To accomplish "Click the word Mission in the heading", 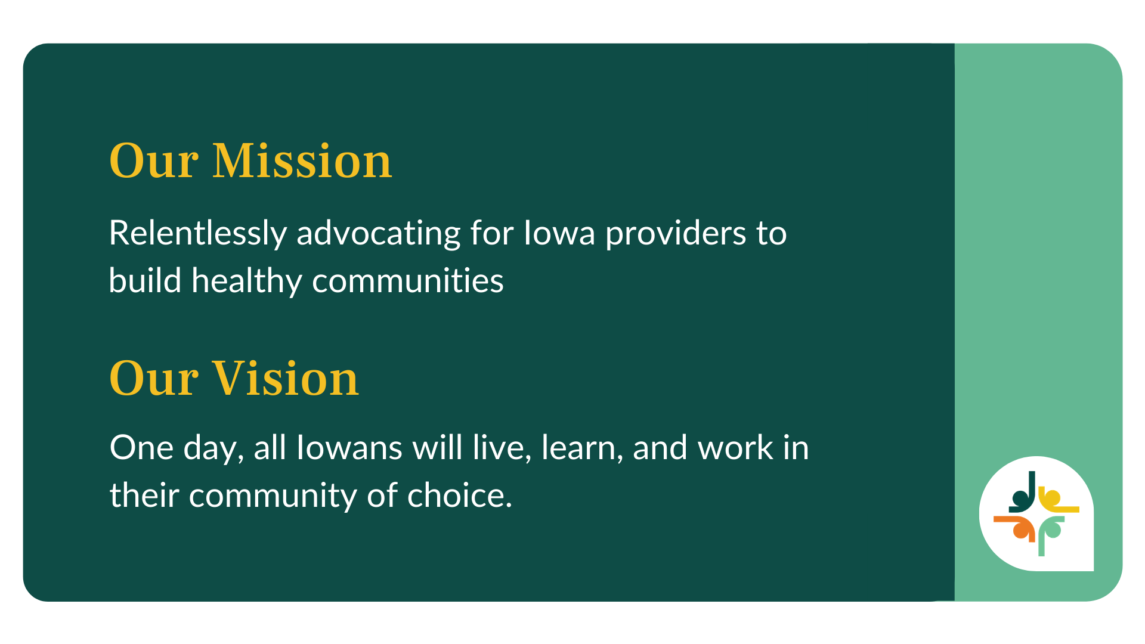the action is [302, 161].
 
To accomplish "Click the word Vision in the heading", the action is [286, 378].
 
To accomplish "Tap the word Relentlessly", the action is [198, 234].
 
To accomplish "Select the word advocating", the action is [379, 233].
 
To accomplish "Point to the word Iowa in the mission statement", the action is [559, 233].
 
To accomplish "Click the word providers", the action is [676, 234].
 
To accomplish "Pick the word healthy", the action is [247, 281].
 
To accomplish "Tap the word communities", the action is [408, 281].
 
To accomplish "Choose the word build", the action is [145, 280].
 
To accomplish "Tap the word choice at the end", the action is [459, 496].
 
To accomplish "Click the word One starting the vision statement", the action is [141, 448].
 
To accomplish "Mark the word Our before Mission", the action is [154, 161].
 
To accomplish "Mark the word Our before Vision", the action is [154, 378].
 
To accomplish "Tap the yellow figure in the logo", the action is [1057, 502].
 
